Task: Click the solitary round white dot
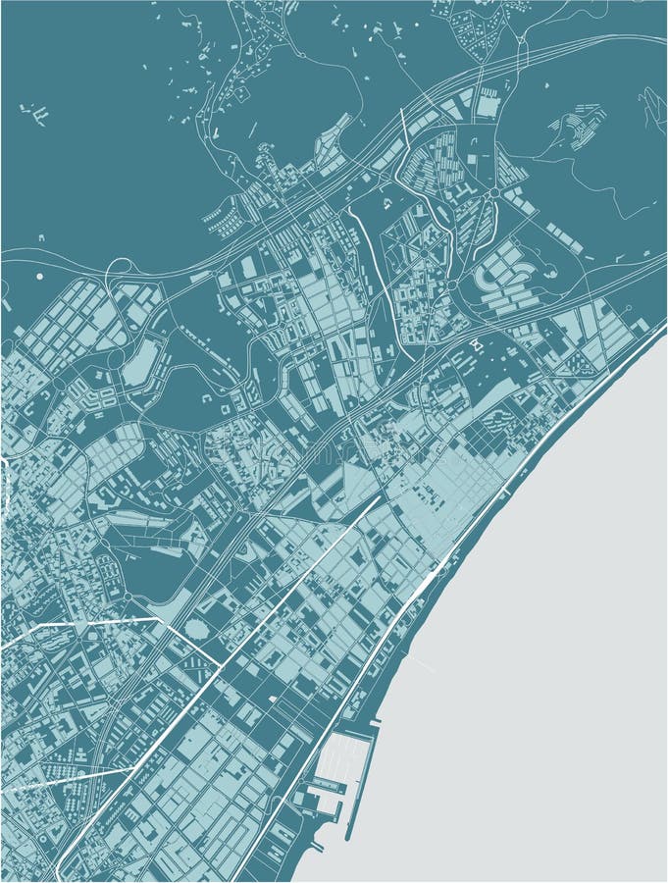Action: click(x=40, y=277)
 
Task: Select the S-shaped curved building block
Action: click(x=491, y=276)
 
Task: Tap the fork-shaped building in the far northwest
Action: click(x=35, y=114)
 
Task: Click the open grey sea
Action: click(x=549, y=638)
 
